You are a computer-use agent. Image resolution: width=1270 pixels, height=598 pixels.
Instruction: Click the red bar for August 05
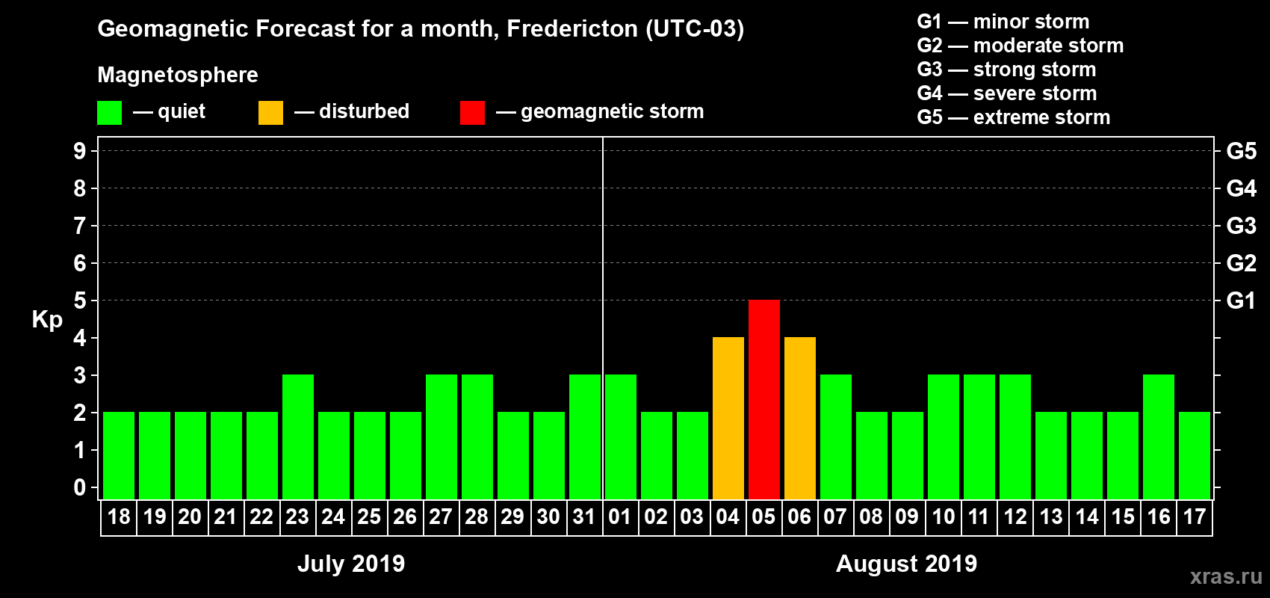[x=763, y=399]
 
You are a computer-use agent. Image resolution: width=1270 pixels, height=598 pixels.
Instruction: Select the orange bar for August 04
[x=728, y=418]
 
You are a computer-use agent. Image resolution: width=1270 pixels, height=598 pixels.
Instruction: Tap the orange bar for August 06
[x=799, y=418]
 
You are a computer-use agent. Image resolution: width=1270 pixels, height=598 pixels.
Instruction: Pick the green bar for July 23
[x=297, y=437]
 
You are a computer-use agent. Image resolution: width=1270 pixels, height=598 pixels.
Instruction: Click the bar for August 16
[x=1158, y=437]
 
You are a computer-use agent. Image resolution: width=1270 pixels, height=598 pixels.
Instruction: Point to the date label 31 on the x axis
[x=584, y=517]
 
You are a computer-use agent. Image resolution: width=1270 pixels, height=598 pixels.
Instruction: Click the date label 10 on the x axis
[x=943, y=517]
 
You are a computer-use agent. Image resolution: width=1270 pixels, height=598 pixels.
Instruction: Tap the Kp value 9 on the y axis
[x=80, y=152]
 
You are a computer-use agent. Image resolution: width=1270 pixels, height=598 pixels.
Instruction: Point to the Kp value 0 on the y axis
[x=80, y=488]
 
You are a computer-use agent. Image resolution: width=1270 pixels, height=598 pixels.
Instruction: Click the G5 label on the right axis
[x=1241, y=152]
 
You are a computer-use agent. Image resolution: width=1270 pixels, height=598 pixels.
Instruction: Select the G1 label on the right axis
[x=1241, y=301]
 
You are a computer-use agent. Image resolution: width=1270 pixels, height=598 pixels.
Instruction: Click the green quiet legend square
[x=109, y=113]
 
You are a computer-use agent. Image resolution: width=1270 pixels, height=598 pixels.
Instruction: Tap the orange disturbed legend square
[x=270, y=113]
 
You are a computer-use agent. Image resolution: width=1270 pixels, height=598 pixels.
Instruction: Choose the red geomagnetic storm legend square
[x=472, y=113]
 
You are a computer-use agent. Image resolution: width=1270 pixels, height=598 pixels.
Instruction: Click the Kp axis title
[x=47, y=320]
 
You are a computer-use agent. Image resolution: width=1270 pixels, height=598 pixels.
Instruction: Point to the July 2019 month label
[x=351, y=564]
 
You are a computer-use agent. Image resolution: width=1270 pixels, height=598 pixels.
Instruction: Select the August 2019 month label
[x=906, y=564]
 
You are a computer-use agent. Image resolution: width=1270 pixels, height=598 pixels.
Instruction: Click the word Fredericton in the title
[x=572, y=29]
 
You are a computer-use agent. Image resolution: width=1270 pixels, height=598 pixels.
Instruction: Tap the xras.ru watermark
[x=1226, y=576]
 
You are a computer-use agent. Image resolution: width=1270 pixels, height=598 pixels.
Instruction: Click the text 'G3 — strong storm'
[x=1006, y=70]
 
